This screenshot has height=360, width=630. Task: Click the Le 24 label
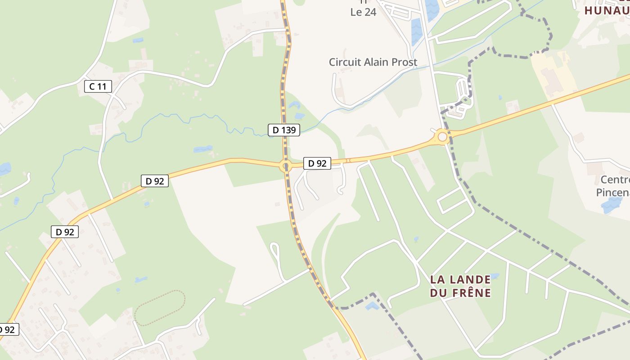(363, 12)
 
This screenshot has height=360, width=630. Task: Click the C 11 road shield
(98, 86)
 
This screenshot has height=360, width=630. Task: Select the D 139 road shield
(284, 130)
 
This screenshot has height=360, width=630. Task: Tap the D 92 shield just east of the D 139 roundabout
(317, 163)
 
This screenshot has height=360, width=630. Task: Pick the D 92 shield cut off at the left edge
(8, 329)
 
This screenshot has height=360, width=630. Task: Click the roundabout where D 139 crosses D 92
(285, 166)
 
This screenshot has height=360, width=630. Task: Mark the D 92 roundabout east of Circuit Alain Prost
(442, 136)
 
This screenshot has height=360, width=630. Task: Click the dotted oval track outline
(160, 308)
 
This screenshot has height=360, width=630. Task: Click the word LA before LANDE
(437, 279)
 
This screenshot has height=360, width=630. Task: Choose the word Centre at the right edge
(615, 180)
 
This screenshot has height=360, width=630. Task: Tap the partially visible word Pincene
(612, 193)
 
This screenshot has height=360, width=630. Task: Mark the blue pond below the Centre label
(611, 206)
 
